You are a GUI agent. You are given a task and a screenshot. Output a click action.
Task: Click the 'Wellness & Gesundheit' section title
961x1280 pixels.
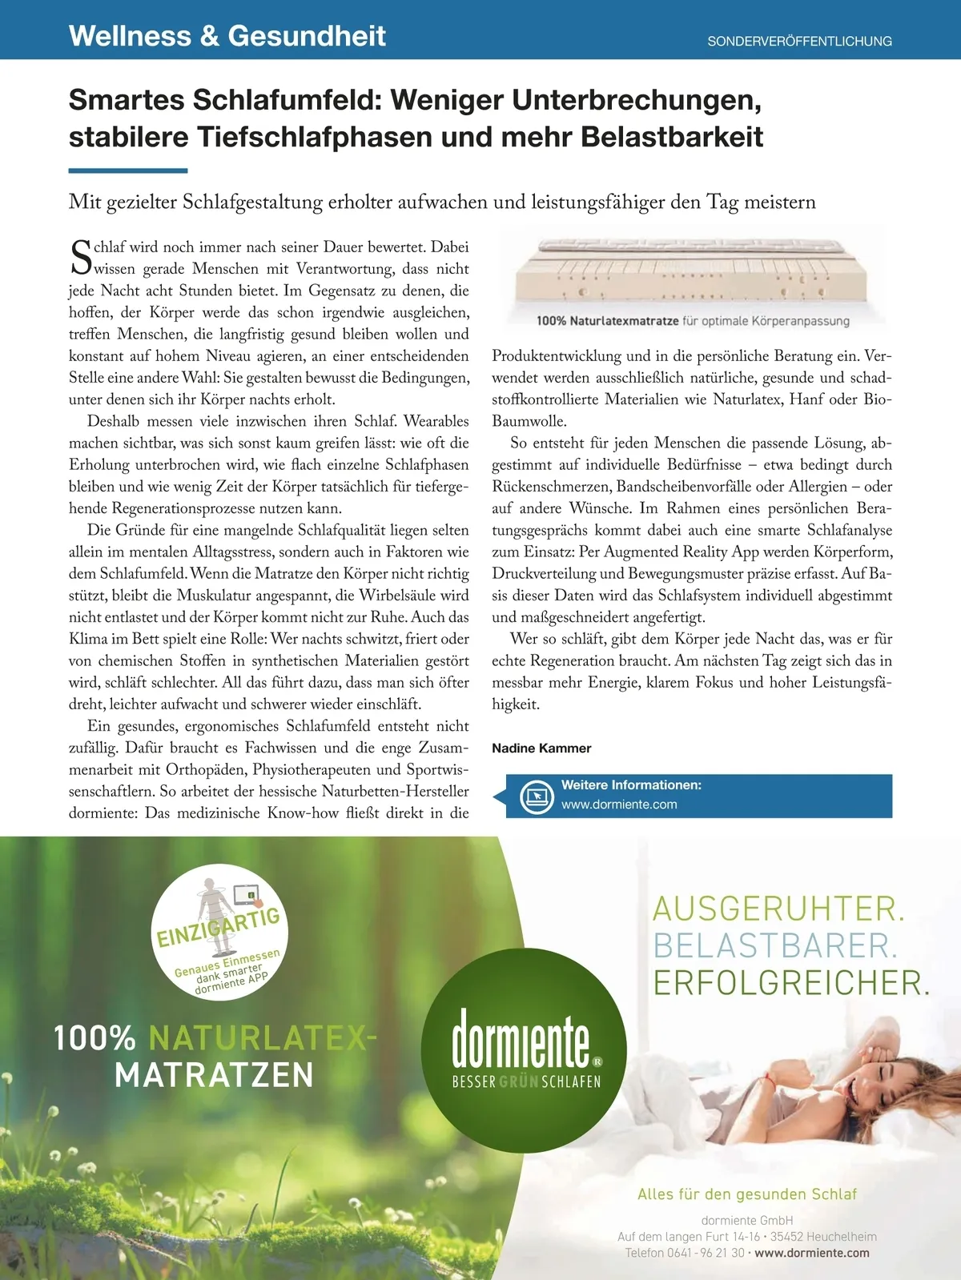click(x=227, y=36)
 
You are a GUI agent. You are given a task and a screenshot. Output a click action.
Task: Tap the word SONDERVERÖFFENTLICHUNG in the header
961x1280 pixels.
click(x=799, y=41)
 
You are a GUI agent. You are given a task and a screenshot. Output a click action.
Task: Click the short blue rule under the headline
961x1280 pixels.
click(x=128, y=171)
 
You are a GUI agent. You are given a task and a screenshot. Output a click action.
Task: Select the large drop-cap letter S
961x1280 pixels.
click(x=81, y=258)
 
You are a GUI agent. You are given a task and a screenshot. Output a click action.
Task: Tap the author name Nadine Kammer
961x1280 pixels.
click(x=541, y=748)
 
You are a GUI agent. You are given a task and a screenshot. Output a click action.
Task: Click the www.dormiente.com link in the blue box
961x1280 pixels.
click(x=619, y=805)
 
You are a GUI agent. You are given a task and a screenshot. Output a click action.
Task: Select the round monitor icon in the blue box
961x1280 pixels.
click(x=536, y=796)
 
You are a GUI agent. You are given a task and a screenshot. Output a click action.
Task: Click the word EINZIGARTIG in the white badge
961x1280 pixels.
click(x=218, y=927)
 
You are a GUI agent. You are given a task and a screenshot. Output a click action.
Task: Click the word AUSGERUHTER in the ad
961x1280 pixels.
click(x=778, y=909)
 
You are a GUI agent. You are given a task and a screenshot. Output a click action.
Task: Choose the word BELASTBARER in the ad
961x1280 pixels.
click(x=775, y=946)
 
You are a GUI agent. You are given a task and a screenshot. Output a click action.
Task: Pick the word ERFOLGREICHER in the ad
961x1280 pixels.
click(x=791, y=983)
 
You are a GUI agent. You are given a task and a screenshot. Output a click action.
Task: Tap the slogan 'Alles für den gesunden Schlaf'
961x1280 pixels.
click(x=747, y=1194)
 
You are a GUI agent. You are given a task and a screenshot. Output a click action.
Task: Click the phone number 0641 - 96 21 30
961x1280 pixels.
click(x=706, y=1253)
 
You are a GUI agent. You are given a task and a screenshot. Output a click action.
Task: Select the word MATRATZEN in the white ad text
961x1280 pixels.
click(x=214, y=1075)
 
